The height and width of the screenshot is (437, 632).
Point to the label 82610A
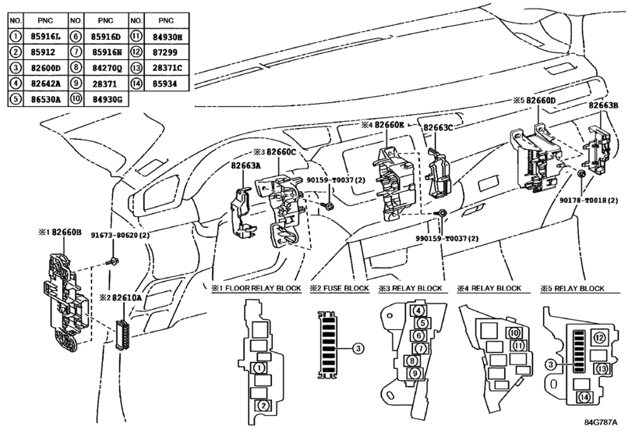pos(125,298)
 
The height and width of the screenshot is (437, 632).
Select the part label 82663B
pos(603,104)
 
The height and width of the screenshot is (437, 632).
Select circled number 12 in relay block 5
pos(598,337)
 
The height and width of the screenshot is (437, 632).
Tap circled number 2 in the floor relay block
pos(264,405)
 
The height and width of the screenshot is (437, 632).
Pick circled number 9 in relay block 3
pos(416,373)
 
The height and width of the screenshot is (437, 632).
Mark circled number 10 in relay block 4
pos(514,333)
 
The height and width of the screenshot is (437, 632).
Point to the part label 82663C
pos(438,126)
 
